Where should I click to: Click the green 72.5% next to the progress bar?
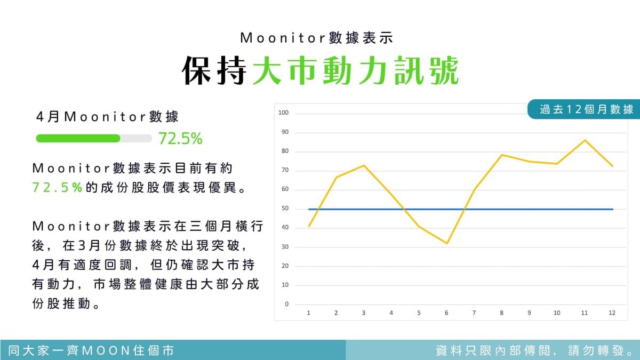click(180, 138)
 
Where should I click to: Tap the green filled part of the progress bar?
click(78, 138)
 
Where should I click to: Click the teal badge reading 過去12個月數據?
click(583, 109)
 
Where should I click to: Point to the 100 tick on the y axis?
click(283, 113)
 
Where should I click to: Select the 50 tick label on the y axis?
click(285, 209)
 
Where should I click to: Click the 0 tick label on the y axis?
click(287, 304)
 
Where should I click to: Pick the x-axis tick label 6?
click(446, 313)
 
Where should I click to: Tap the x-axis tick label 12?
click(612, 313)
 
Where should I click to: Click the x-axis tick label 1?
click(309, 313)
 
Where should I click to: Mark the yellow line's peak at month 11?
click(585, 140)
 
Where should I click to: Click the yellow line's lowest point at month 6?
click(447, 243)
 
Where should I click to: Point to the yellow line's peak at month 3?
click(364, 165)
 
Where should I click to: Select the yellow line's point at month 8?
click(502, 155)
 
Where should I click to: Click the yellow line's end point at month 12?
click(613, 166)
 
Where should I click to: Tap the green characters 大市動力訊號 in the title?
click(356, 70)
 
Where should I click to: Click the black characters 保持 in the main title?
click(214, 70)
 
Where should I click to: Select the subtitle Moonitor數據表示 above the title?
click(317, 38)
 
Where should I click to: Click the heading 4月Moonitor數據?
click(107, 117)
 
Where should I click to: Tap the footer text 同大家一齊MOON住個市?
click(91, 350)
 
